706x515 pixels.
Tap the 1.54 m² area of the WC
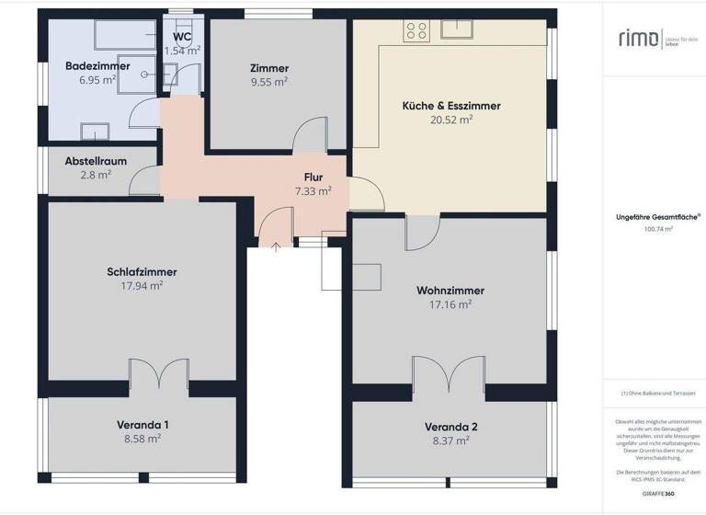point(181,51)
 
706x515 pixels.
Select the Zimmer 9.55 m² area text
point(268,82)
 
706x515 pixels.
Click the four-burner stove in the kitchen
point(416,30)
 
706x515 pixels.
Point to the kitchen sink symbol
point(456,29)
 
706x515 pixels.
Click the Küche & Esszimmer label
point(451,106)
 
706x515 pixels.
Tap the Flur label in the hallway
point(313,177)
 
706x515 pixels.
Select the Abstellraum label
point(95,161)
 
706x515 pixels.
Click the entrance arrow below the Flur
point(276,245)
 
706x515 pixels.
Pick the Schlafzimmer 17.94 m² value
point(142,286)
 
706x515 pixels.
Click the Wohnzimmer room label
point(450,291)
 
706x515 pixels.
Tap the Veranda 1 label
point(142,425)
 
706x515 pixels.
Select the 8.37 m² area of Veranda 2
point(450,441)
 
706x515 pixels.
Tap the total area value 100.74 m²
point(658,231)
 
